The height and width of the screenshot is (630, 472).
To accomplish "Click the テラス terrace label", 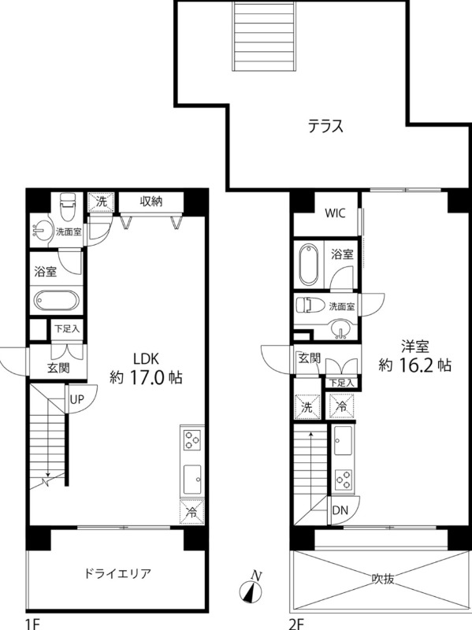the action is pyautogui.click(x=325, y=126).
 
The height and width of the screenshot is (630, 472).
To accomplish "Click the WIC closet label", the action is pyautogui.click(x=335, y=213).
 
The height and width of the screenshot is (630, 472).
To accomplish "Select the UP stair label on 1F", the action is pyautogui.click(x=76, y=399).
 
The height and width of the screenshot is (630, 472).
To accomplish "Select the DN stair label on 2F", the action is pyautogui.click(x=340, y=510).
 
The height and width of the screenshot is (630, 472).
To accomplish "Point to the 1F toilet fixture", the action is pyautogui.click(x=65, y=206).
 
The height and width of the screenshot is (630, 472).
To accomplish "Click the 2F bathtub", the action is pyautogui.click(x=308, y=264).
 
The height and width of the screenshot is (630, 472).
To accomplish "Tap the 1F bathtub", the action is pyautogui.click(x=56, y=300).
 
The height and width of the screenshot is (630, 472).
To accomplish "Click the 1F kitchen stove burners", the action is pyautogui.click(x=191, y=439).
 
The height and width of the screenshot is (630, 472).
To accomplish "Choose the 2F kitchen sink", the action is pyautogui.click(x=344, y=440).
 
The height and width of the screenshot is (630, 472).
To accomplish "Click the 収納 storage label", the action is pyautogui.click(x=151, y=202).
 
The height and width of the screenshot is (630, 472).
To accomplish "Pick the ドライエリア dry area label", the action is pyautogui.click(x=117, y=573).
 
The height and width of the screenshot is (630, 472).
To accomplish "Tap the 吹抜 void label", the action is pyautogui.click(x=382, y=579).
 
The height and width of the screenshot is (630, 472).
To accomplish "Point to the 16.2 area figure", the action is pyautogui.click(x=415, y=365).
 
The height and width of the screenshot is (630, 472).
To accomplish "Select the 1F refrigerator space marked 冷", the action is pyautogui.click(x=192, y=513).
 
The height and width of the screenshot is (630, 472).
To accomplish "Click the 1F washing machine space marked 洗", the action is pyautogui.click(x=102, y=202).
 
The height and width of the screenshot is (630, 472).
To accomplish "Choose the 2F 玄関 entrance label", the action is pyautogui.click(x=309, y=358).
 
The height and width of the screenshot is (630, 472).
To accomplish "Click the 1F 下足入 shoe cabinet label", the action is pyautogui.click(x=67, y=329).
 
